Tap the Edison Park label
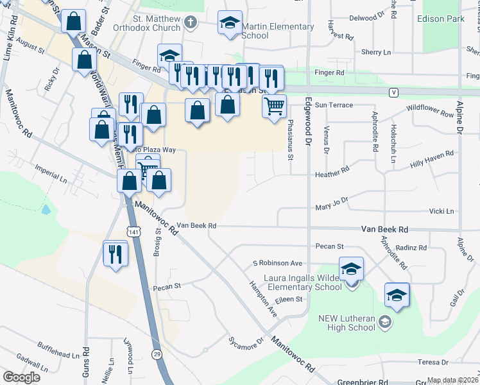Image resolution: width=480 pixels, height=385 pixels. (440, 19)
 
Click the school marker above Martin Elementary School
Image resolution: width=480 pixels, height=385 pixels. (229, 24)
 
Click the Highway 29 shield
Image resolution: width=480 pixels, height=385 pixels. (157, 354)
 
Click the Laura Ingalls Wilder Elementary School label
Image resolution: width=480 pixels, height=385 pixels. (302, 282)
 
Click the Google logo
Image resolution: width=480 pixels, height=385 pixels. (21, 377)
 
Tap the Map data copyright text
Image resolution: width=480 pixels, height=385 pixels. (452, 381)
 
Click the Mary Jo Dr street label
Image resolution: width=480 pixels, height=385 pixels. (331, 203)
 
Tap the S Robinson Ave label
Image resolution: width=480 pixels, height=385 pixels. (277, 263)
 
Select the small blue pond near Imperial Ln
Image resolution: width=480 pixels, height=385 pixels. (45, 209)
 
